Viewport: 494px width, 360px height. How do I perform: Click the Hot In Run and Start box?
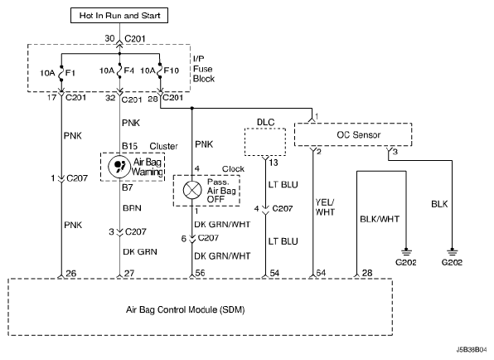[x=119, y=16]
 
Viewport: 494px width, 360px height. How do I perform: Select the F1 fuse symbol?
[x=61, y=73]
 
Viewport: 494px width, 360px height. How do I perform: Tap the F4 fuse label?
[x=129, y=71]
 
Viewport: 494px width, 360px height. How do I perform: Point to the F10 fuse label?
[x=172, y=71]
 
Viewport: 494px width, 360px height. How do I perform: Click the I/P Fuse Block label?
[x=204, y=69]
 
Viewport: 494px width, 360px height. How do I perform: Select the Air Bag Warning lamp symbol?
[x=119, y=167]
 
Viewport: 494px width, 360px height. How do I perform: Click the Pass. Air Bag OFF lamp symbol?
[x=192, y=190]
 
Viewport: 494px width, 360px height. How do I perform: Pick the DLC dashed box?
[x=265, y=142]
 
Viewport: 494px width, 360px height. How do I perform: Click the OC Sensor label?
[x=359, y=135]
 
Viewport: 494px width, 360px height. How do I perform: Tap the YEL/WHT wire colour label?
[x=325, y=207]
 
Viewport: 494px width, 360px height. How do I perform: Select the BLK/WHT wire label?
[x=380, y=219]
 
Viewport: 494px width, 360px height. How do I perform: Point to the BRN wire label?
[x=132, y=208]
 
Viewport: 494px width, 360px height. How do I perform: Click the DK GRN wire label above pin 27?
[x=140, y=251]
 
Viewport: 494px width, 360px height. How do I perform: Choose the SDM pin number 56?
[x=200, y=273]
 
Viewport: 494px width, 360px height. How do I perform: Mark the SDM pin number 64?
[x=321, y=273]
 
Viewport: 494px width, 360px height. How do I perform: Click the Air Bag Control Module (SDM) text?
[x=186, y=309]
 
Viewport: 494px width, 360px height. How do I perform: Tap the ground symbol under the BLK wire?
[x=452, y=252]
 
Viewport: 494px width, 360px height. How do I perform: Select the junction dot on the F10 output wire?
[x=191, y=109]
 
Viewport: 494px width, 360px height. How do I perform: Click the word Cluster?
[x=163, y=146]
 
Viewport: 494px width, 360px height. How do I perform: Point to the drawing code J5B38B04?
[x=472, y=349]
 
